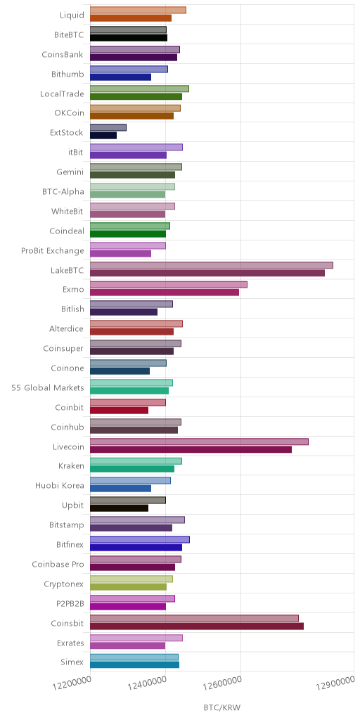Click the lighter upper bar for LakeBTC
click(x=211, y=265)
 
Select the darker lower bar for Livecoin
click(x=191, y=449)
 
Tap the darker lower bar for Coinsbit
click(x=197, y=626)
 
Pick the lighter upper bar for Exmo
click(x=169, y=285)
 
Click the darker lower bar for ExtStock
click(x=103, y=136)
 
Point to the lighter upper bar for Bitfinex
click(x=140, y=539)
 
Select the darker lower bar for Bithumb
click(x=120, y=77)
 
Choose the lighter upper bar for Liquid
click(x=138, y=10)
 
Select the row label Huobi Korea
click(x=60, y=485)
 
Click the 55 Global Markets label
click(x=48, y=387)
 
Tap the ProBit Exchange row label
click(x=53, y=251)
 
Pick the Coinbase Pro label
click(x=58, y=564)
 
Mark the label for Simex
click(x=72, y=662)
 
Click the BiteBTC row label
click(x=69, y=35)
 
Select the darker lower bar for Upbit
click(x=119, y=508)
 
